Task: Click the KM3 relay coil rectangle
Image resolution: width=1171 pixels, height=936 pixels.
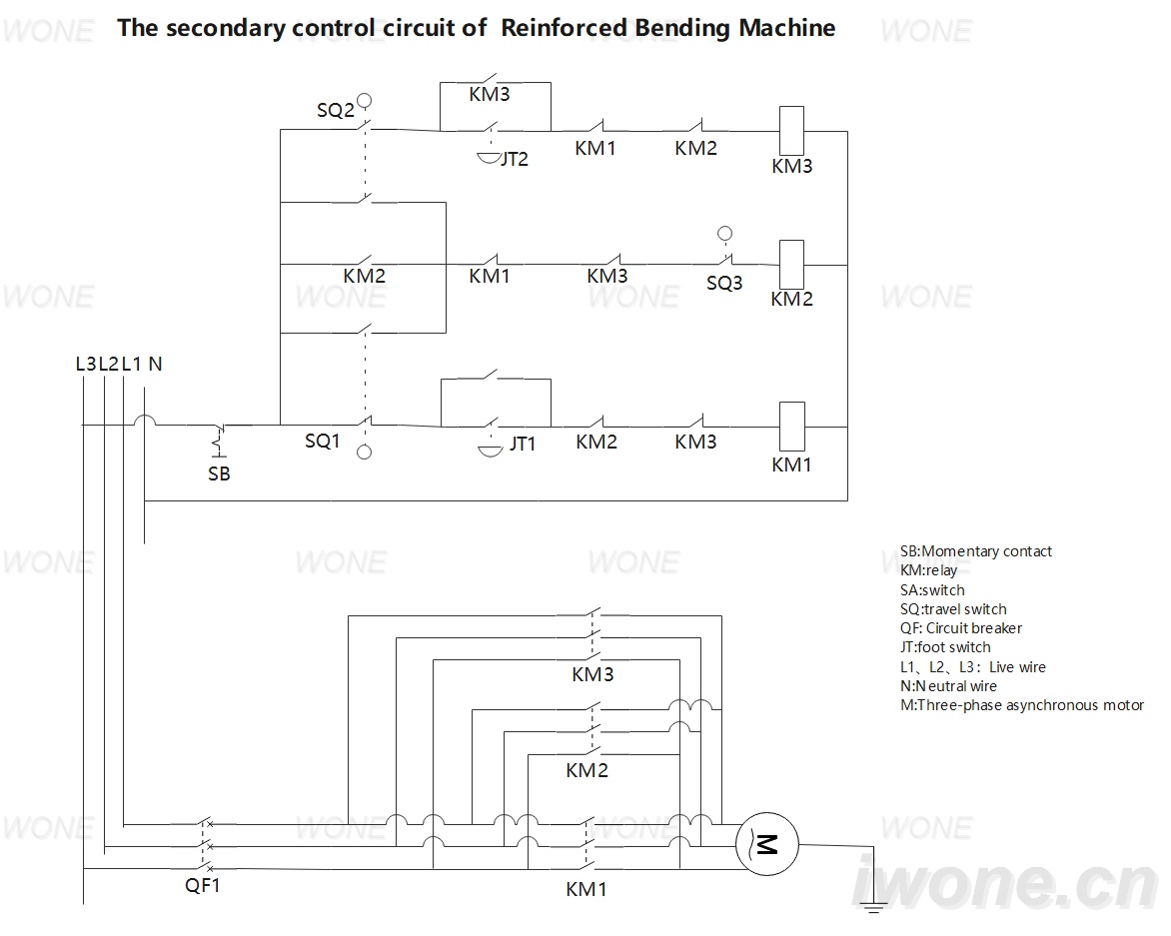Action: (791, 131)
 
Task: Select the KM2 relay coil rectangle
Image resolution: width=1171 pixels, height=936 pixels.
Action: (791, 265)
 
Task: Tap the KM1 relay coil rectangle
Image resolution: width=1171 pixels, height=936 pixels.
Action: (791, 427)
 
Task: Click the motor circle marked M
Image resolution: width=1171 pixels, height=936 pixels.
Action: (767, 845)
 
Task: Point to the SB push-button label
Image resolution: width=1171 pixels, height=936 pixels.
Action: (219, 473)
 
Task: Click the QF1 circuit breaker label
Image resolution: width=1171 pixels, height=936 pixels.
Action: (203, 886)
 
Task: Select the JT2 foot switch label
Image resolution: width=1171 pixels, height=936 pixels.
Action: (515, 159)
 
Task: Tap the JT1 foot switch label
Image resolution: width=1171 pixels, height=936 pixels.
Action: (523, 445)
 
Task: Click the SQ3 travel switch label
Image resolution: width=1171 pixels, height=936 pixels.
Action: (724, 284)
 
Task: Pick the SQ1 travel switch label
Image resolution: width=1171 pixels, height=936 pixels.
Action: (323, 442)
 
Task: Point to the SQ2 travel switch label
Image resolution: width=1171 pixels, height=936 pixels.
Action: (336, 111)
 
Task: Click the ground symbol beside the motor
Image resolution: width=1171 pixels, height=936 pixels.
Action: (873, 907)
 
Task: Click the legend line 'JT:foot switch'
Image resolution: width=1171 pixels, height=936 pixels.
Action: (945, 647)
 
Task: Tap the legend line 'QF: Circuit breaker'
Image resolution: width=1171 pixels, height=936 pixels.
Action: (961, 628)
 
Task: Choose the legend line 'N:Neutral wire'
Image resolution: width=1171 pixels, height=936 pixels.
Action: (948, 686)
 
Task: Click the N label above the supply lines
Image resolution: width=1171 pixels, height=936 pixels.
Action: (155, 364)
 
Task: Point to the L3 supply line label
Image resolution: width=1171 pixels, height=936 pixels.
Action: (86, 364)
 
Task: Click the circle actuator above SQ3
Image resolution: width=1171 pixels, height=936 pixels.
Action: (724, 234)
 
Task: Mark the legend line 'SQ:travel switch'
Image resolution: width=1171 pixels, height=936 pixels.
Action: (953, 609)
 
